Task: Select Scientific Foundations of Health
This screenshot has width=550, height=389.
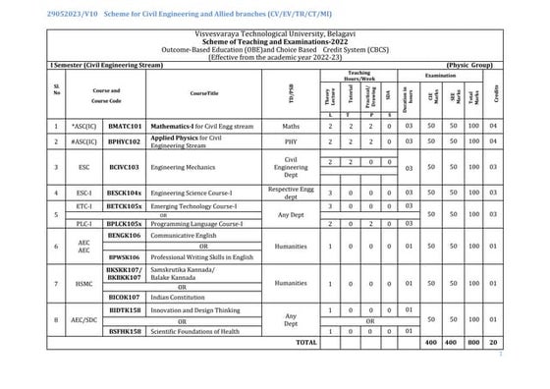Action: click(207, 332)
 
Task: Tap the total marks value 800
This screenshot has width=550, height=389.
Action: click(475, 343)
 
